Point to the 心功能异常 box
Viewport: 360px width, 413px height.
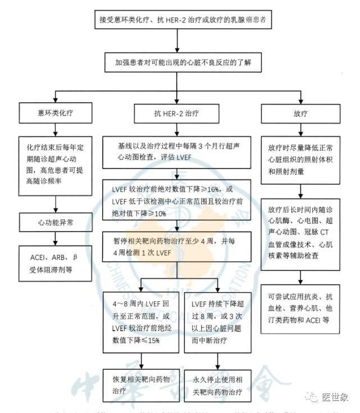pos(54,223)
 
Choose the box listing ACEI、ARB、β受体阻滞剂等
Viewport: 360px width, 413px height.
pos(54,264)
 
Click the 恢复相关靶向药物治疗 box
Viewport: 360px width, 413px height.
pos(140,385)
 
